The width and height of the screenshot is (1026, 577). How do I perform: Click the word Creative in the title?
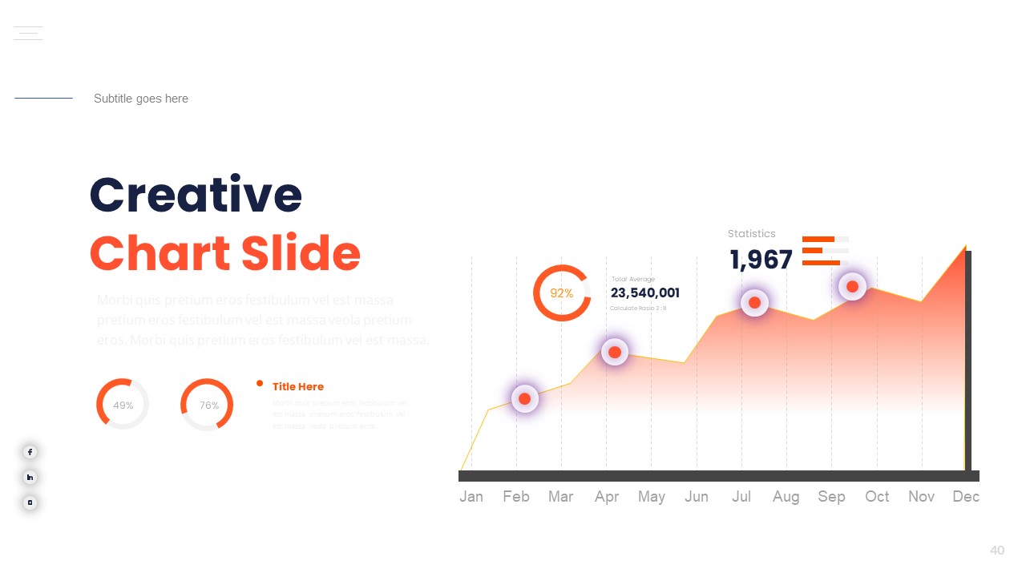click(x=196, y=195)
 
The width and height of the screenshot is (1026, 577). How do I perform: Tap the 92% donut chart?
click(x=562, y=293)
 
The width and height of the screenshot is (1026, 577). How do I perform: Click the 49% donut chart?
click(x=123, y=405)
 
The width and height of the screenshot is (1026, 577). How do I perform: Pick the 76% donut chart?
click(x=207, y=405)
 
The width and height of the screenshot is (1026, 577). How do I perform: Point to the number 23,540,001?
click(x=644, y=293)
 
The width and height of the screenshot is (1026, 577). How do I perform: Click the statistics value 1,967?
click(x=761, y=260)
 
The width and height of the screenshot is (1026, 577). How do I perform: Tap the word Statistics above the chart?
click(x=751, y=234)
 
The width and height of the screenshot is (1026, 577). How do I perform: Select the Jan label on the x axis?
click(x=471, y=497)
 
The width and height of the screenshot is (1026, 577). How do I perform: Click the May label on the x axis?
click(x=651, y=497)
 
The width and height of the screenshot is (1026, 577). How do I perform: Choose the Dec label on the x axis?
click(x=966, y=497)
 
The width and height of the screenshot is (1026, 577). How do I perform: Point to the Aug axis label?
click(x=786, y=497)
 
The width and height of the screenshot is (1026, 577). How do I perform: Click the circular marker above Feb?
click(x=524, y=398)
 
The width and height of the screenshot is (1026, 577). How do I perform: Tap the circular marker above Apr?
click(x=615, y=352)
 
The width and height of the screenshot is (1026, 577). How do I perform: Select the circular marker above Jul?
click(x=754, y=302)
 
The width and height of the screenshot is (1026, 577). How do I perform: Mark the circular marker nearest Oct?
click(x=852, y=286)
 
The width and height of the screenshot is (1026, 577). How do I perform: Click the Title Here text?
click(x=298, y=387)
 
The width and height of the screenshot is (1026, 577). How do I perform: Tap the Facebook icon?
click(x=30, y=452)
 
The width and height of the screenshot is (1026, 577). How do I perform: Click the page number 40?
click(x=997, y=551)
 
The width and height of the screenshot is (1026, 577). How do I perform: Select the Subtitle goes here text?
click(x=141, y=99)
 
